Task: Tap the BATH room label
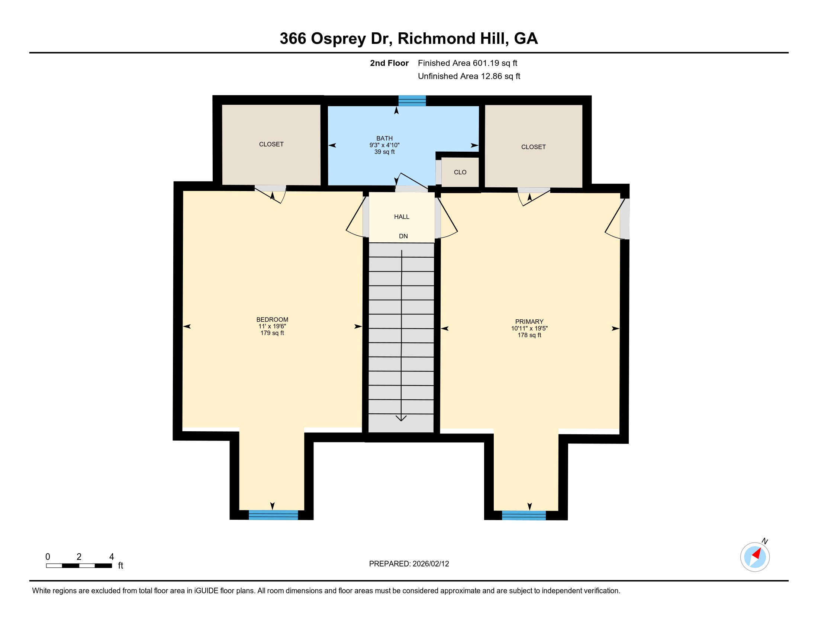click(x=384, y=139)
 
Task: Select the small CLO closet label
click(x=460, y=172)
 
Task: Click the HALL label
click(x=402, y=217)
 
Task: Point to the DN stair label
click(x=403, y=236)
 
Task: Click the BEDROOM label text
click(x=272, y=320)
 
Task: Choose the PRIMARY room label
click(x=529, y=322)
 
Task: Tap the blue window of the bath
click(x=412, y=101)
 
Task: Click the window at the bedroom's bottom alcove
click(x=273, y=515)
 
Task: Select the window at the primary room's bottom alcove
click(x=524, y=516)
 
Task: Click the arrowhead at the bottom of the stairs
click(x=401, y=418)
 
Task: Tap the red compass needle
click(x=757, y=554)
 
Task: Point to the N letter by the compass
click(x=765, y=541)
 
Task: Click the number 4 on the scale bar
click(x=112, y=557)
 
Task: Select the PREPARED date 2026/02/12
click(x=431, y=564)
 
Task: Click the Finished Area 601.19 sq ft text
click(x=467, y=63)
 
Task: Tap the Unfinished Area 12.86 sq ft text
click(x=469, y=76)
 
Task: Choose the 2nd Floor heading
click(x=389, y=63)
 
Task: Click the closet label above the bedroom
click(x=271, y=144)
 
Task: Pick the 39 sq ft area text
click(x=384, y=152)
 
